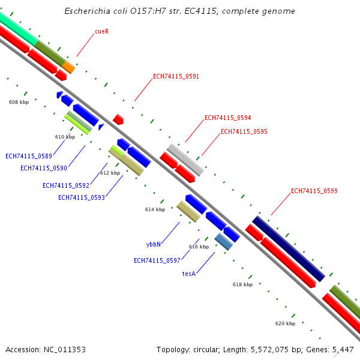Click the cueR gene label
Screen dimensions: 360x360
point(101,31)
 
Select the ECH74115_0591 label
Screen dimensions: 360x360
point(176,77)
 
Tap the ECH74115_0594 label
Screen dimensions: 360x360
point(227,118)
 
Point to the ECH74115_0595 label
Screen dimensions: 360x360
point(244,131)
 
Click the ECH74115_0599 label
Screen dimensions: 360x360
point(314,191)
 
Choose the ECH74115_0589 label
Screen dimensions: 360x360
point(29,156)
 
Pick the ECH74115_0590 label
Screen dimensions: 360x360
point(44,169)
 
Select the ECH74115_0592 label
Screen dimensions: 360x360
point(65,185)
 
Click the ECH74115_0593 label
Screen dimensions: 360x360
point(81,197)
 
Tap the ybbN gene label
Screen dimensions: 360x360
point(154,245)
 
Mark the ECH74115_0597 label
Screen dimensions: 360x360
point(157,260)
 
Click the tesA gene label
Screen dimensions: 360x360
point(188,274)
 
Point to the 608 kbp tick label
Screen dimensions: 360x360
point(19,102)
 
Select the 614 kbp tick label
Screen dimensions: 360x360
point(155,209)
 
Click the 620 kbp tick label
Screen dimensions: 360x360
point(285,323)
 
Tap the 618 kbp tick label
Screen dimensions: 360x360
point(242,284)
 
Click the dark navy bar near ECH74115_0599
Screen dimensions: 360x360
point(288,248)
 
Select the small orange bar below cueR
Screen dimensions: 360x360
point(69,67)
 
